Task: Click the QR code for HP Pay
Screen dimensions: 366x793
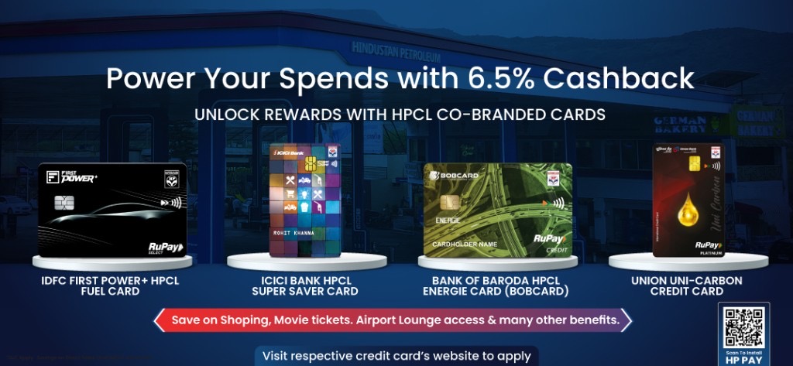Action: tap(743, 328)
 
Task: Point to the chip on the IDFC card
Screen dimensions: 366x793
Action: tap(65, 203)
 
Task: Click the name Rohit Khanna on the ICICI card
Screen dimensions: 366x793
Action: tap(294, 232)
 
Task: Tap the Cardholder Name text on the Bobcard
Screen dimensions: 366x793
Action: tap(466, 244)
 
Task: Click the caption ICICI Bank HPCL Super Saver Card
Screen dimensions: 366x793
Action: tap(304, 286)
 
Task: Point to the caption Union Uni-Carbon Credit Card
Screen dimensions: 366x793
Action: tap(687, 286)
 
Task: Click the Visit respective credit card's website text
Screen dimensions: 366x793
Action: tap(396, 357)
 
